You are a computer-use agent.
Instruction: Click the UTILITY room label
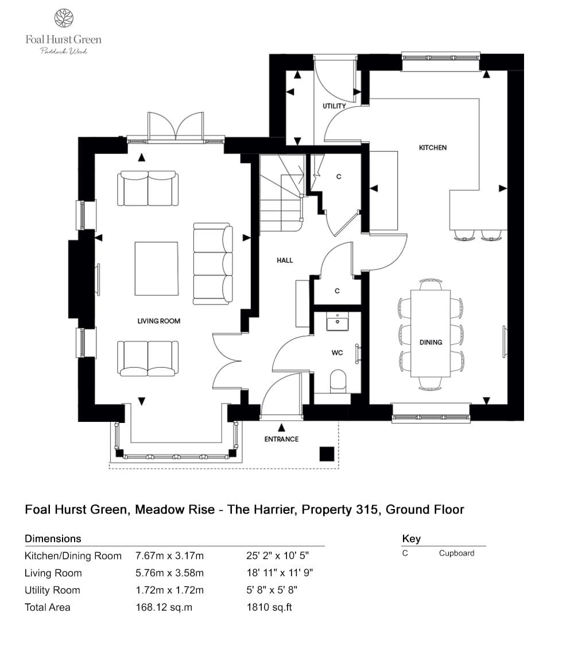pos(334,106)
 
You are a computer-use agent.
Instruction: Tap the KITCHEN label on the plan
pos(432,147)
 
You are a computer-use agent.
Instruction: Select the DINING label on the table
pos(430,342)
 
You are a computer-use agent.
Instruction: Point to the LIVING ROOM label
pos(158,321)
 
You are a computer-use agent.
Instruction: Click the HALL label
pos(285,260)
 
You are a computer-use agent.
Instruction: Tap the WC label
pos(337,352)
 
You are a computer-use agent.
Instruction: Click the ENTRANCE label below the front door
pos(281,439)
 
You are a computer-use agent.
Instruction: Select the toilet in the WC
pos(338,381)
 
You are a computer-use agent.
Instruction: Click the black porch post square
pos(327,453)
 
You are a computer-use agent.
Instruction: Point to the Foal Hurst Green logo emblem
pos(63,18)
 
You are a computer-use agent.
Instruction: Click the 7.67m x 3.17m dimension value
pos(169,556)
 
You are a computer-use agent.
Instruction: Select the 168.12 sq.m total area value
pos(164,607)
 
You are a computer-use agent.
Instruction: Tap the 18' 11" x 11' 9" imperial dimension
pos(280,573)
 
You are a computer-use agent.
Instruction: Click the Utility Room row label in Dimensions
pos(52,590)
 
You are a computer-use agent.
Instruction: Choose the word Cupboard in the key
pos(456,553)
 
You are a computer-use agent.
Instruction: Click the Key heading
pos(412,538)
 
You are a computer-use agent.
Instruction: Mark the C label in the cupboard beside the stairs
pos(339,177)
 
